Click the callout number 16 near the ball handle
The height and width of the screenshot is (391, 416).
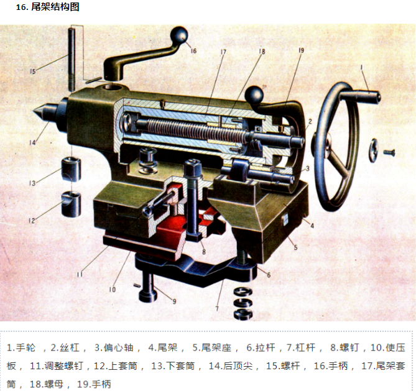(193, 50)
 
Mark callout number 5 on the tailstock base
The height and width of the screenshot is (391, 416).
(296, 247)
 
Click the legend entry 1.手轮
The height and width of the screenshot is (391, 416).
(24, 347)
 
